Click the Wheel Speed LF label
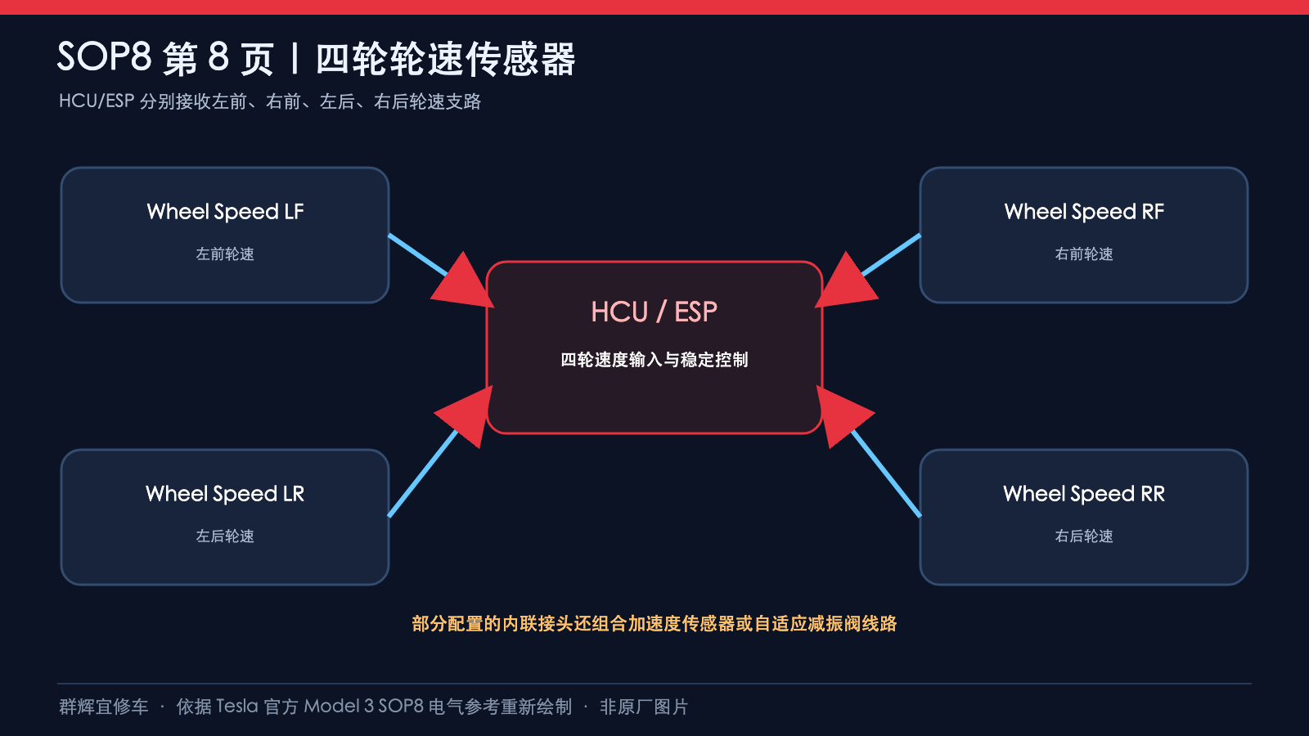[x=225, y=212]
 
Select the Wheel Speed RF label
[x=1084, y=212]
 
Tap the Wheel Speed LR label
[x=225, y=494]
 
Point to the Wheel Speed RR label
[x=1084, y=494]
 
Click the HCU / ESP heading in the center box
[x=654, y=312]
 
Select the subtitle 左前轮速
[x=225, y=254]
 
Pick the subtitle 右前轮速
[x=1084, y=254]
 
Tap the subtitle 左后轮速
[x=225, y=536]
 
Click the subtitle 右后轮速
[x=1084, y=536]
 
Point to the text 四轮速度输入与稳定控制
[x=654, y=360]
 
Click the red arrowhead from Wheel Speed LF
[x=465, y=284]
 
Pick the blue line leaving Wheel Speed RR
[x=887, y=473]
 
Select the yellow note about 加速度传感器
[x=654, y=624]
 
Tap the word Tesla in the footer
[x=237, y=707]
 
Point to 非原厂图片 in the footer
[x=644, y=707]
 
